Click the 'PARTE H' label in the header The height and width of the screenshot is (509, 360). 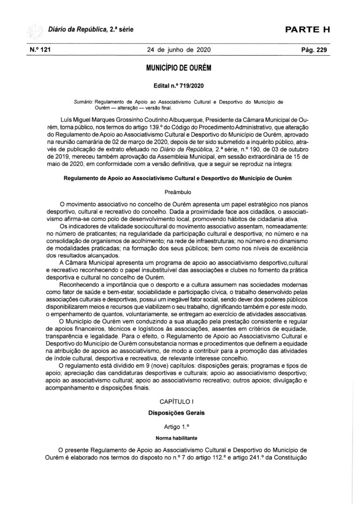[x=308, y=30]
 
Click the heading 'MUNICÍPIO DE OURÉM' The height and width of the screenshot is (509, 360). [x=180, y=68]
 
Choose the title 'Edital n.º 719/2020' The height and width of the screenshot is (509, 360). [x=180, y=87]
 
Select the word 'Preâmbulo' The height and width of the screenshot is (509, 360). [x=180, y=192]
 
